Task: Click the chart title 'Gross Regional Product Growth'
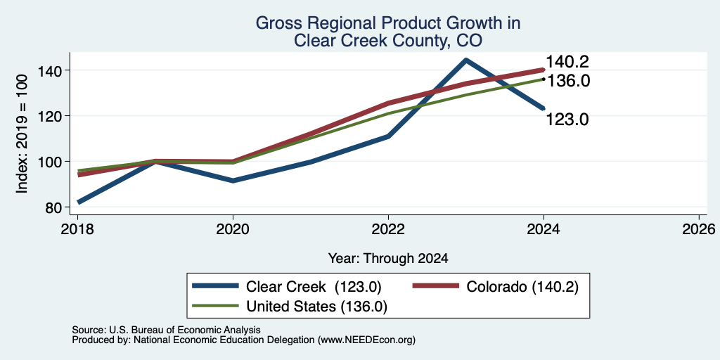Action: [x=387, y=23]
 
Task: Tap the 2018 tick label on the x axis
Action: [x=77, y=229]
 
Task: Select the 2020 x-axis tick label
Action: [x=233, y=229]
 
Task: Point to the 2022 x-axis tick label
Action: [x=388, y=229]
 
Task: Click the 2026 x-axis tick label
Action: [x=699, y=229]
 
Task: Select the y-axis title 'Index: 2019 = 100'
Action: [x=22, y=134]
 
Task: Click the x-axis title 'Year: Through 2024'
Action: [x=388, y=259]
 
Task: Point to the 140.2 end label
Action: [x=567, y=62]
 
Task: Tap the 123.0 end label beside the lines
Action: [x=567, y=120]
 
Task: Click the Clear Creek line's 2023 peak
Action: [x=466, y=60]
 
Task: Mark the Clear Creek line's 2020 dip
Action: [x=233, y=181]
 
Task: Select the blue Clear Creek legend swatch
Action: [x=216, y=286]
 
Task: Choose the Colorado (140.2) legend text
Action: [x=522, y=287]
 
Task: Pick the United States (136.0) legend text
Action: [x=317, y=307]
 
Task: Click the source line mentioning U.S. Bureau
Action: [x=166, y=330]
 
